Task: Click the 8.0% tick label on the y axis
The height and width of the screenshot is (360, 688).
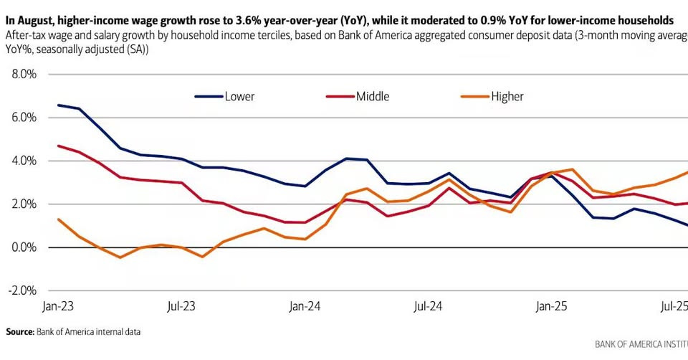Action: pos(23,74)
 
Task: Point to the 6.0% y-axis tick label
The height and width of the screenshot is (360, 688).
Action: pos(23,118)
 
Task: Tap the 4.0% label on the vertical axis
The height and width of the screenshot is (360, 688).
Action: pos(23,161)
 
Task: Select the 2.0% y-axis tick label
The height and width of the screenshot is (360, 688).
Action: pos(23,204)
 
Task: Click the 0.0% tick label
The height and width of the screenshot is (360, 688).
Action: pos(23,247)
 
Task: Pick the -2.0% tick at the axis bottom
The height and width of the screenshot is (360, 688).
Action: pos(21,290)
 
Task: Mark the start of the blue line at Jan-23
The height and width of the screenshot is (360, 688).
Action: pos(58,105)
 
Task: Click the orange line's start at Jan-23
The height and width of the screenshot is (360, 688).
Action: pos(58,219)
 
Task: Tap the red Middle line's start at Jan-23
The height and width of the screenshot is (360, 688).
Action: pos(58,146)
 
